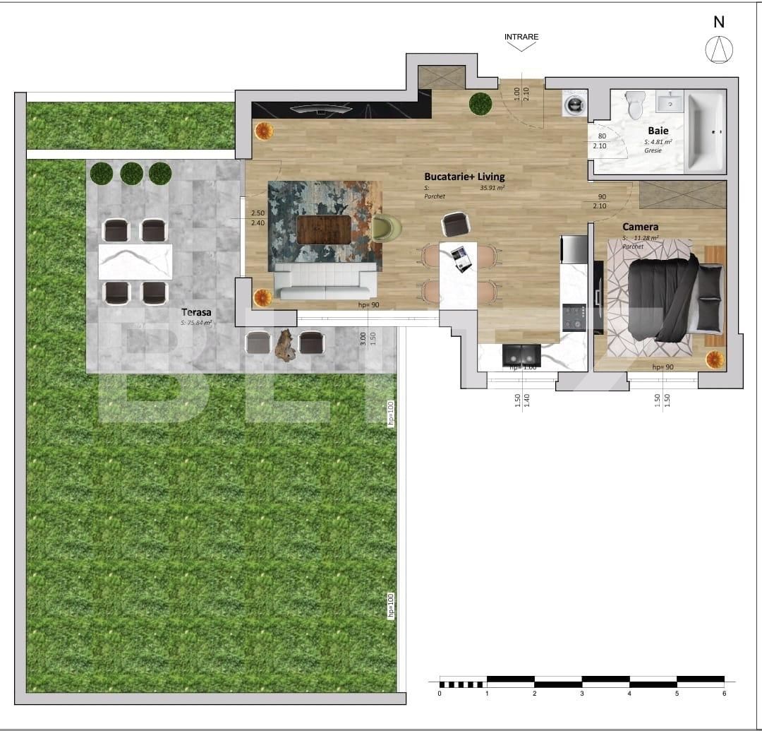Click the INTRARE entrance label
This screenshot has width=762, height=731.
(x=521, y=37)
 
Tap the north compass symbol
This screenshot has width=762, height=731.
(x=719, y=49)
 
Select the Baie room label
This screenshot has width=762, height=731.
(x=658, y=131)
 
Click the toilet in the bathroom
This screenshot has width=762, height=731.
(x=635, y=105)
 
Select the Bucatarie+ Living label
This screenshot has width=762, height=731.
(x=464, y=177)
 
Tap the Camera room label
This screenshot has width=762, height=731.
(x=640, y=227)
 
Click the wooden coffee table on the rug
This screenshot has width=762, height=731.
(x=323, y=230)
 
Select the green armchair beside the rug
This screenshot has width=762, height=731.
(x=386, y=227)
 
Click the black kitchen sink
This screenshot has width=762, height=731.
(x=521, y=354)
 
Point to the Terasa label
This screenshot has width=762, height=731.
(x=196, y=311)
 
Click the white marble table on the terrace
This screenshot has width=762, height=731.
(x=135, y=261)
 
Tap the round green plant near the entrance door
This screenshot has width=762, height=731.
(x=480, y=103)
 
